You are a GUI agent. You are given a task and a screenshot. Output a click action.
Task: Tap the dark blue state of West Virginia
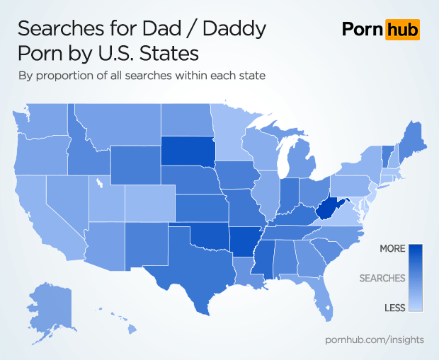coord(326,209)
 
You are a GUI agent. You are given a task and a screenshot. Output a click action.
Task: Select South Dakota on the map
coord(187,151)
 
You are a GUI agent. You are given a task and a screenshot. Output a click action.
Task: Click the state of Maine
coord(410,138)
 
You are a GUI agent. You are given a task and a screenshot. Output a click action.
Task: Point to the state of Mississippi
coord(263,262)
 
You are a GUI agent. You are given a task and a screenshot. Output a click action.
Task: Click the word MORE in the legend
coord(392,249)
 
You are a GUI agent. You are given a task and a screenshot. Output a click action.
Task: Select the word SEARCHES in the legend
coord(382,278)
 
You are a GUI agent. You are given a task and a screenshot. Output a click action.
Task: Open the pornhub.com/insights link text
coord(374,339)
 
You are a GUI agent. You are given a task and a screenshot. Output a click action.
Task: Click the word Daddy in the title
coord(231,29)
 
